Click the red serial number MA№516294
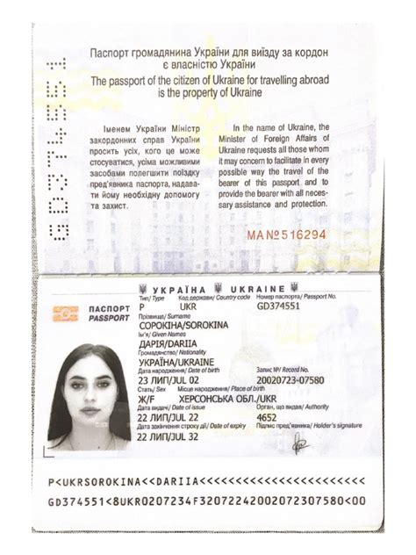click(285, 235)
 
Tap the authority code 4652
click(267, 418)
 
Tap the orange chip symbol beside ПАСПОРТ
click(66, 314)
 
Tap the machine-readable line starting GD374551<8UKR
click(207, 501)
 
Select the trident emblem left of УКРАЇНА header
click(142, 288)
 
